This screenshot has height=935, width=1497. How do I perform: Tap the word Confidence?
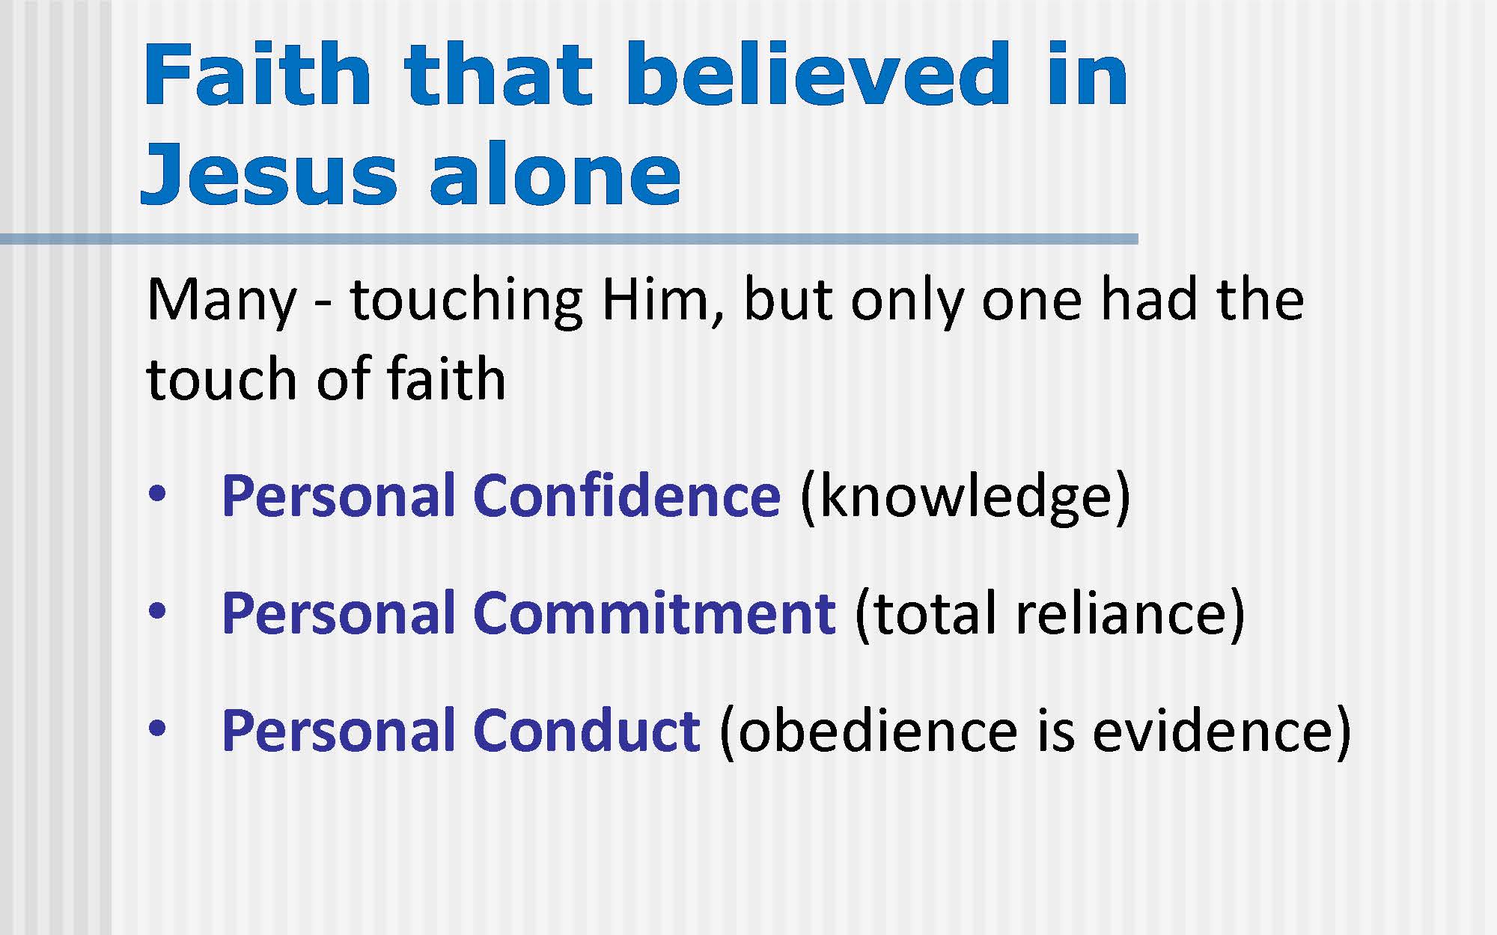[x=627, y=495]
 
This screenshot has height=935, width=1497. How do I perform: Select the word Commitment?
[x=655, y=613]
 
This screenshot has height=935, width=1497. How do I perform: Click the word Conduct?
[x=587, y=730]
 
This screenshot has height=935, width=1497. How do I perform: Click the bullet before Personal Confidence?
[x=157, y=496]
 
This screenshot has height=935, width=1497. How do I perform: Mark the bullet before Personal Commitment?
[x=157, y=613]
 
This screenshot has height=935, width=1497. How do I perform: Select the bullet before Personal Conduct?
[x=157, y=730]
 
